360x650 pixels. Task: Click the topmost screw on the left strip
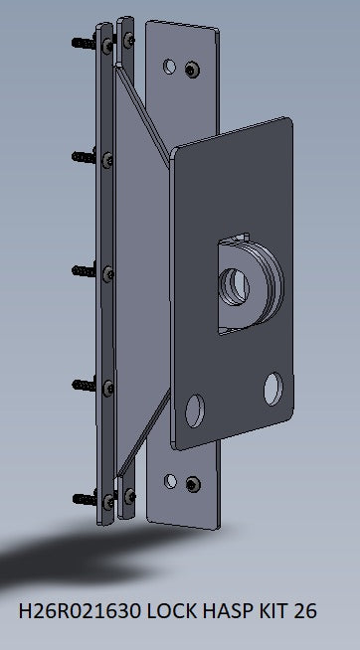(x=83, y=42)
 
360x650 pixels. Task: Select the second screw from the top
(x=83, y=155)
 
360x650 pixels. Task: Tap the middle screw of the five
(x=83, y=269)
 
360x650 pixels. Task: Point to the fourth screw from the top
(x=83, y=382)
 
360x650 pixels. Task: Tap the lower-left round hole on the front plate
(x=195, y=407)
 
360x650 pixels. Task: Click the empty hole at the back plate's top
(x=169, y=69)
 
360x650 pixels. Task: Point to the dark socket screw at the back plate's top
(x=190, y=67)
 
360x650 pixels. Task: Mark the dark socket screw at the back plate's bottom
(x=191, y=484)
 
